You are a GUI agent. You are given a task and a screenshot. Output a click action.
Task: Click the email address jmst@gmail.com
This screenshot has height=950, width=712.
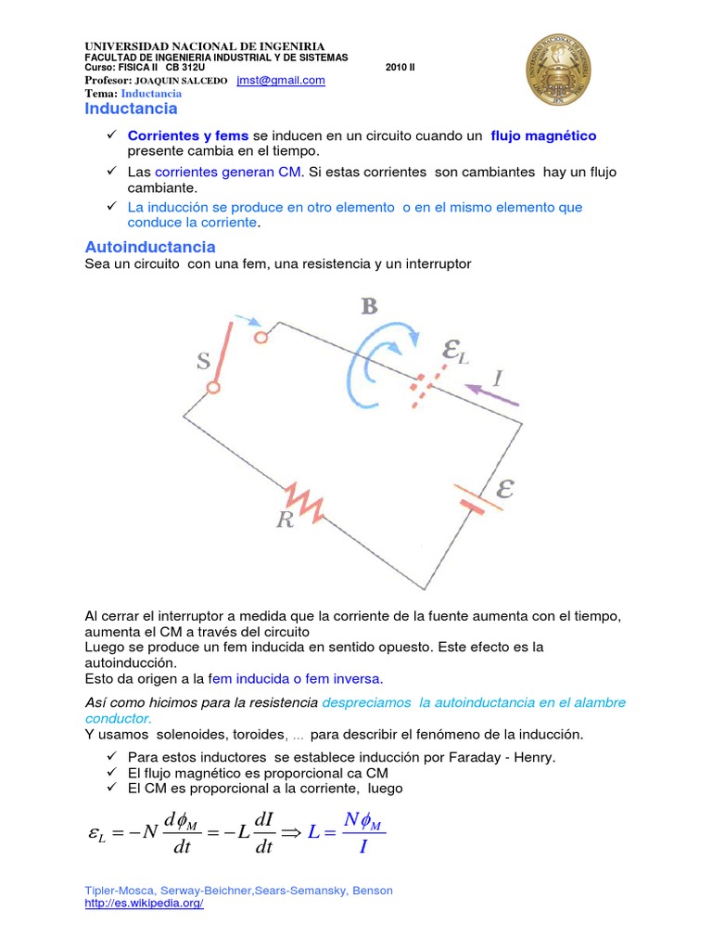point(281,81)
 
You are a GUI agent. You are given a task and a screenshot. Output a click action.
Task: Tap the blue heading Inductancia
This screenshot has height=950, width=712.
point(131,109)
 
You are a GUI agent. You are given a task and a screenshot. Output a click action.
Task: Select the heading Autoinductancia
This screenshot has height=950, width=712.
point(150,247)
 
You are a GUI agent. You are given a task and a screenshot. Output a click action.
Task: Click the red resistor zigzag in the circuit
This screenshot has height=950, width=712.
point(303,500)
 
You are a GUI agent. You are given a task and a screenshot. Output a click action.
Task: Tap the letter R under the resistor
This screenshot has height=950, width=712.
point(285,520)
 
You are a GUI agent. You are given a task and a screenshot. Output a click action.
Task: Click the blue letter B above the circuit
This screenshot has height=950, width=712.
point(369,306)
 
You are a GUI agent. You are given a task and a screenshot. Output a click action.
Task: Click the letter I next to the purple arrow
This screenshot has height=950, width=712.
point(498,378)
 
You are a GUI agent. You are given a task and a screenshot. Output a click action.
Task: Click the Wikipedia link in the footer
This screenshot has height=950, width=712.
point(144,904)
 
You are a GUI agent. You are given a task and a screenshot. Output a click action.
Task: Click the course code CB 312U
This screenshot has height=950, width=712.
point(185,68)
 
